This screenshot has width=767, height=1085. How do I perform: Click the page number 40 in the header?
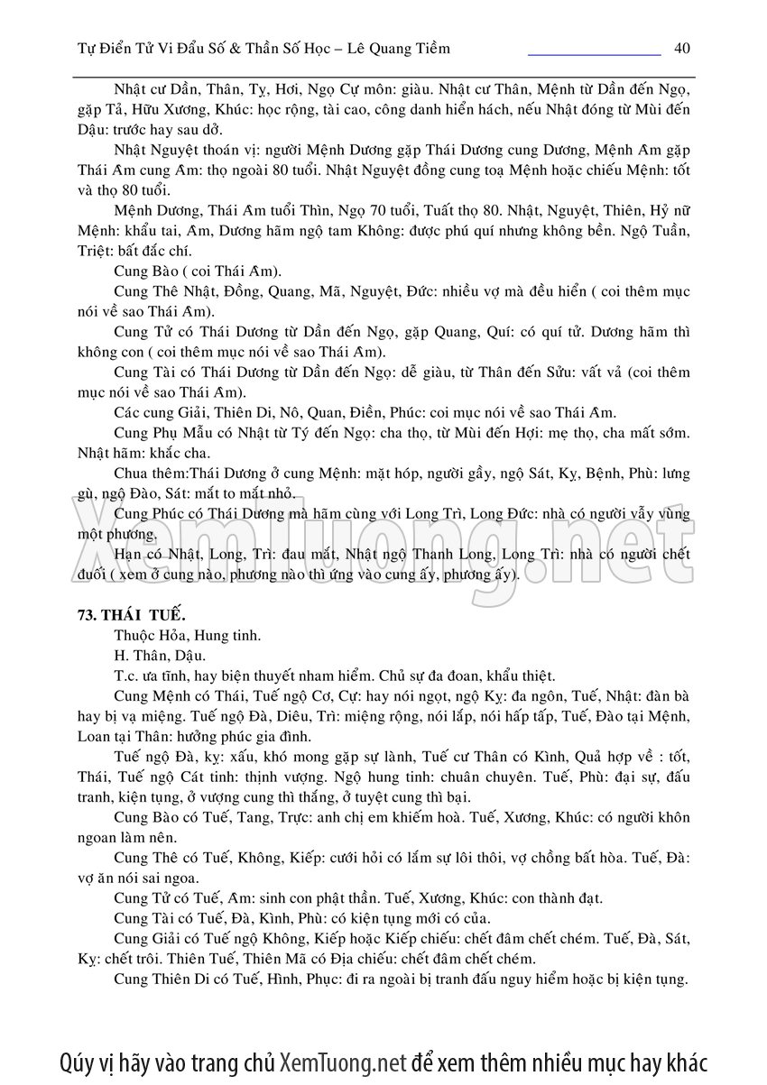[x=682, y=48]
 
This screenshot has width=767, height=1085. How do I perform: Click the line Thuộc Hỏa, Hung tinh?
[x=175, y=635]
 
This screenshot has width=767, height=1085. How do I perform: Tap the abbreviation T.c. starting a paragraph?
[x=127, y=676]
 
